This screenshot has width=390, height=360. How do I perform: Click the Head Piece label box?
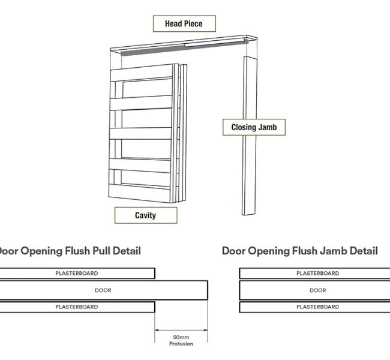(183, 24)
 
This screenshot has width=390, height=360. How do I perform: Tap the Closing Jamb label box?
(258, 127)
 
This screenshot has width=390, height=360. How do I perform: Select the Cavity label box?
(146, 215)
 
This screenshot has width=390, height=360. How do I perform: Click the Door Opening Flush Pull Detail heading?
(70, 251)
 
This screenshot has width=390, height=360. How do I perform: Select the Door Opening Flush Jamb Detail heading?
(299, 251)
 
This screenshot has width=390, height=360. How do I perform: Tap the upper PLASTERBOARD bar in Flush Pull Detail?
(77, 274)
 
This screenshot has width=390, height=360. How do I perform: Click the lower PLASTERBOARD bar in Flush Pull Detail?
(77, 307)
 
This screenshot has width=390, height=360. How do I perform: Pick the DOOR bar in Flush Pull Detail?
(103, 290)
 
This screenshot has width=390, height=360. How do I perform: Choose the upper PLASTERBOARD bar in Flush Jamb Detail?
(317, 274)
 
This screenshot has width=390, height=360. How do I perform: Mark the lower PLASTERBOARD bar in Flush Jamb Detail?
(317, 307)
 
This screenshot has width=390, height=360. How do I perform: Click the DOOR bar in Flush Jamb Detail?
(317, 290)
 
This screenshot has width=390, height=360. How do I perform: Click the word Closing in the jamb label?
(246, 127)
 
